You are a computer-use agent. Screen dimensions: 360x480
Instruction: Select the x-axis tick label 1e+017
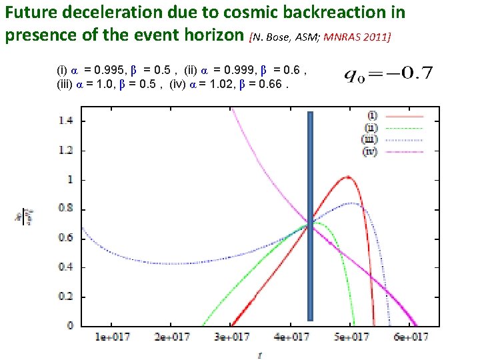111,337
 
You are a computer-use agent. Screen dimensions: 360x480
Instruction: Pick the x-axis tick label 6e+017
410,337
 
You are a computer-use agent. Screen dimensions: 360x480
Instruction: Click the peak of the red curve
347,177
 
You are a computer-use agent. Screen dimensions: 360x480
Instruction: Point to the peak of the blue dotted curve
352,203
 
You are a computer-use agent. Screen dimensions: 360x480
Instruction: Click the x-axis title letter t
260,355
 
